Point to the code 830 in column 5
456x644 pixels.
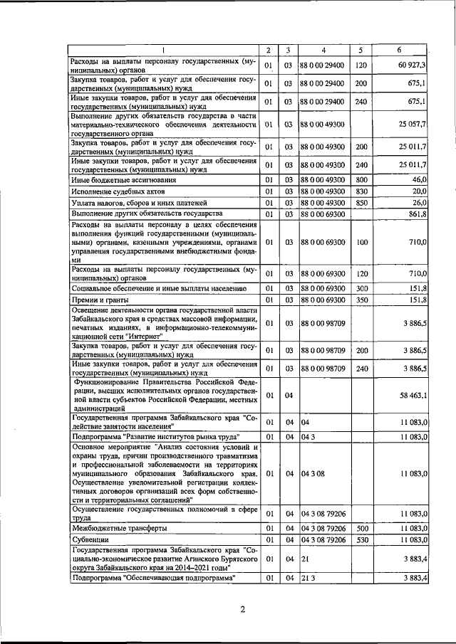point(361,191)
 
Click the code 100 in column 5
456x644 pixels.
point(361,243)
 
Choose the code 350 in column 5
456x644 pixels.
point(361,301)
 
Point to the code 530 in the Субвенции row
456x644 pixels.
point(361,541)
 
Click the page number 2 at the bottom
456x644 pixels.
point(242,609)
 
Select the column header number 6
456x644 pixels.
point(398,50)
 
